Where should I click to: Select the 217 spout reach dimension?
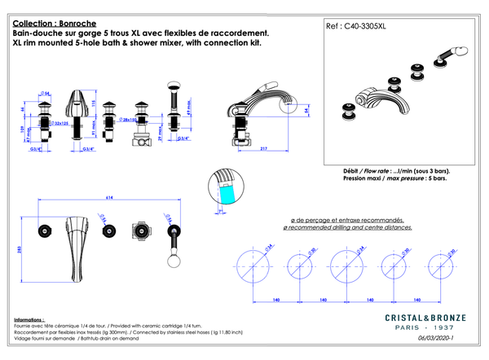click(x=263, y=148)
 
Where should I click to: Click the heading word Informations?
click(x=30, y=321)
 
